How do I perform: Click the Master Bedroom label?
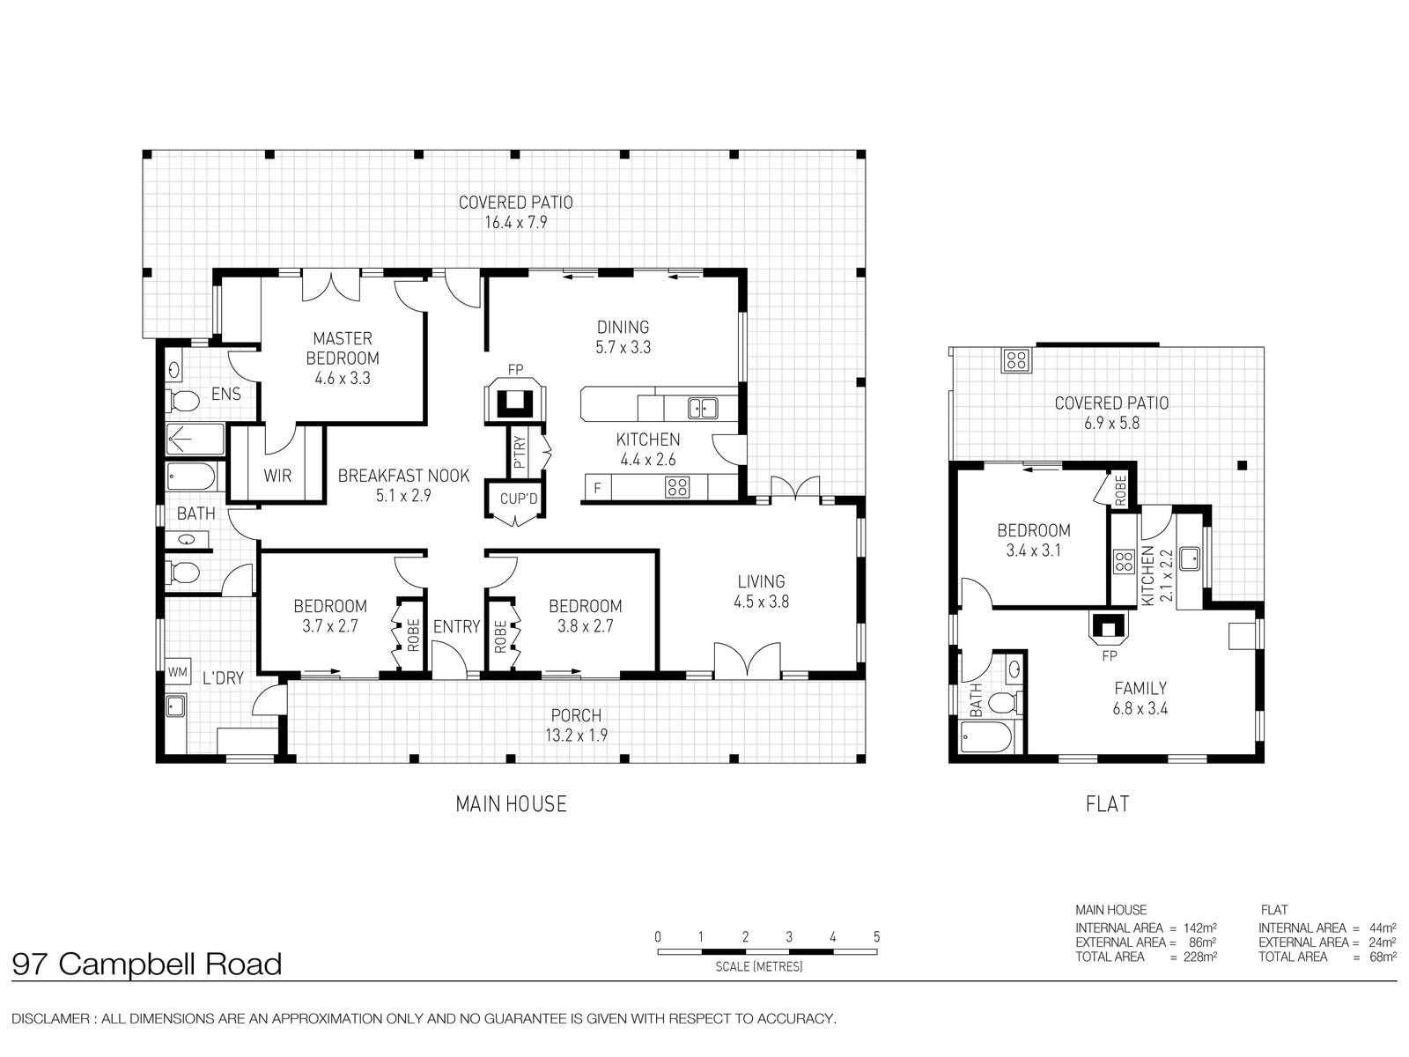tap(343, 349)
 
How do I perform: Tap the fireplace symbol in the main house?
tap(515, 401)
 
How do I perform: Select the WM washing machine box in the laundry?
tap(178, 672)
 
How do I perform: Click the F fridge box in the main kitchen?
tap(598, 488)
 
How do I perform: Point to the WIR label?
tap(277, 476)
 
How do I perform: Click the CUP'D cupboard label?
tap(519, 499)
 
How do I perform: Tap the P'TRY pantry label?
tap(520, 452)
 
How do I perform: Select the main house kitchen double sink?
tap(703, 408)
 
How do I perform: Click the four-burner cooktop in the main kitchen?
tap(677, 488)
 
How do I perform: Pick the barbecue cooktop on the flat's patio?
tap(1016, 360)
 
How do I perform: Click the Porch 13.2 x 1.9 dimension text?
tap(576, 735)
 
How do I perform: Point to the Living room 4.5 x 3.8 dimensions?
tap(762, 602)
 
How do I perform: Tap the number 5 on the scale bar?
tap(876, 937)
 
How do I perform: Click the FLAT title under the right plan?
tap(1107, 804)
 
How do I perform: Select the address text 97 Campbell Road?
tap(147, 964)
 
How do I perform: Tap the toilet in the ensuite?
tap(184, 401)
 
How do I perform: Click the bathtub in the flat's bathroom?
tap(987, 737)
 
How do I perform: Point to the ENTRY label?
tap(456, 626)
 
